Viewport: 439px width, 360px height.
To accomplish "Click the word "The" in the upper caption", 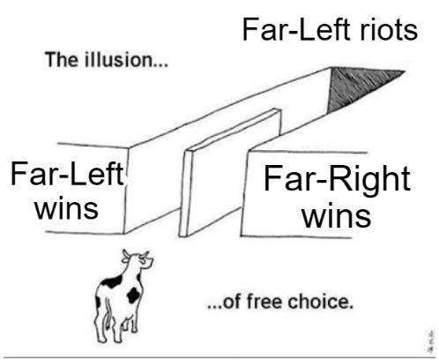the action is (61, 60).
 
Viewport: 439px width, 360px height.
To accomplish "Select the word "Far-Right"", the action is (337, 179).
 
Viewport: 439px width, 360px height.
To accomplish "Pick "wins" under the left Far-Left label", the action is (66, 208).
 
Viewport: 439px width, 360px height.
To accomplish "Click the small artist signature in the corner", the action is (431, 341).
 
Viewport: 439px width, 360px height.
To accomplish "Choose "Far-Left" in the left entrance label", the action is (67, 174).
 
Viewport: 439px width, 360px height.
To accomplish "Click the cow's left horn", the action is (126, 254).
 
